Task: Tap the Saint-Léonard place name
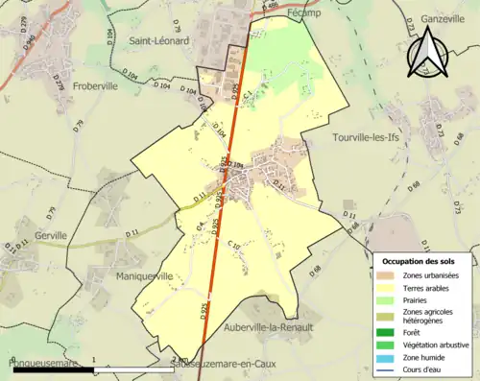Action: click(159, 41)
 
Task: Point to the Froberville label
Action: click(102, 83)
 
